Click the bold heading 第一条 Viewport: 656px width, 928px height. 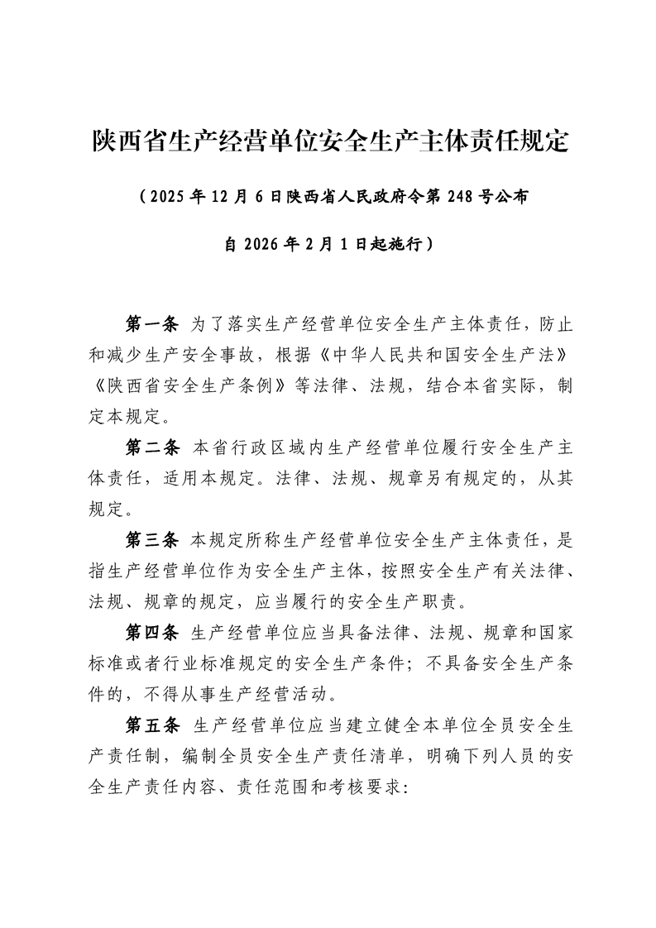[151, 322]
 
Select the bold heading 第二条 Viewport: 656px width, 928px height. [151, 448]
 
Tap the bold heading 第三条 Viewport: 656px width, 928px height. [151, 541]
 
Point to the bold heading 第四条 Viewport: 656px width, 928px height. [151, 634]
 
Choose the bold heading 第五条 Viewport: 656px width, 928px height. [151, 726]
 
